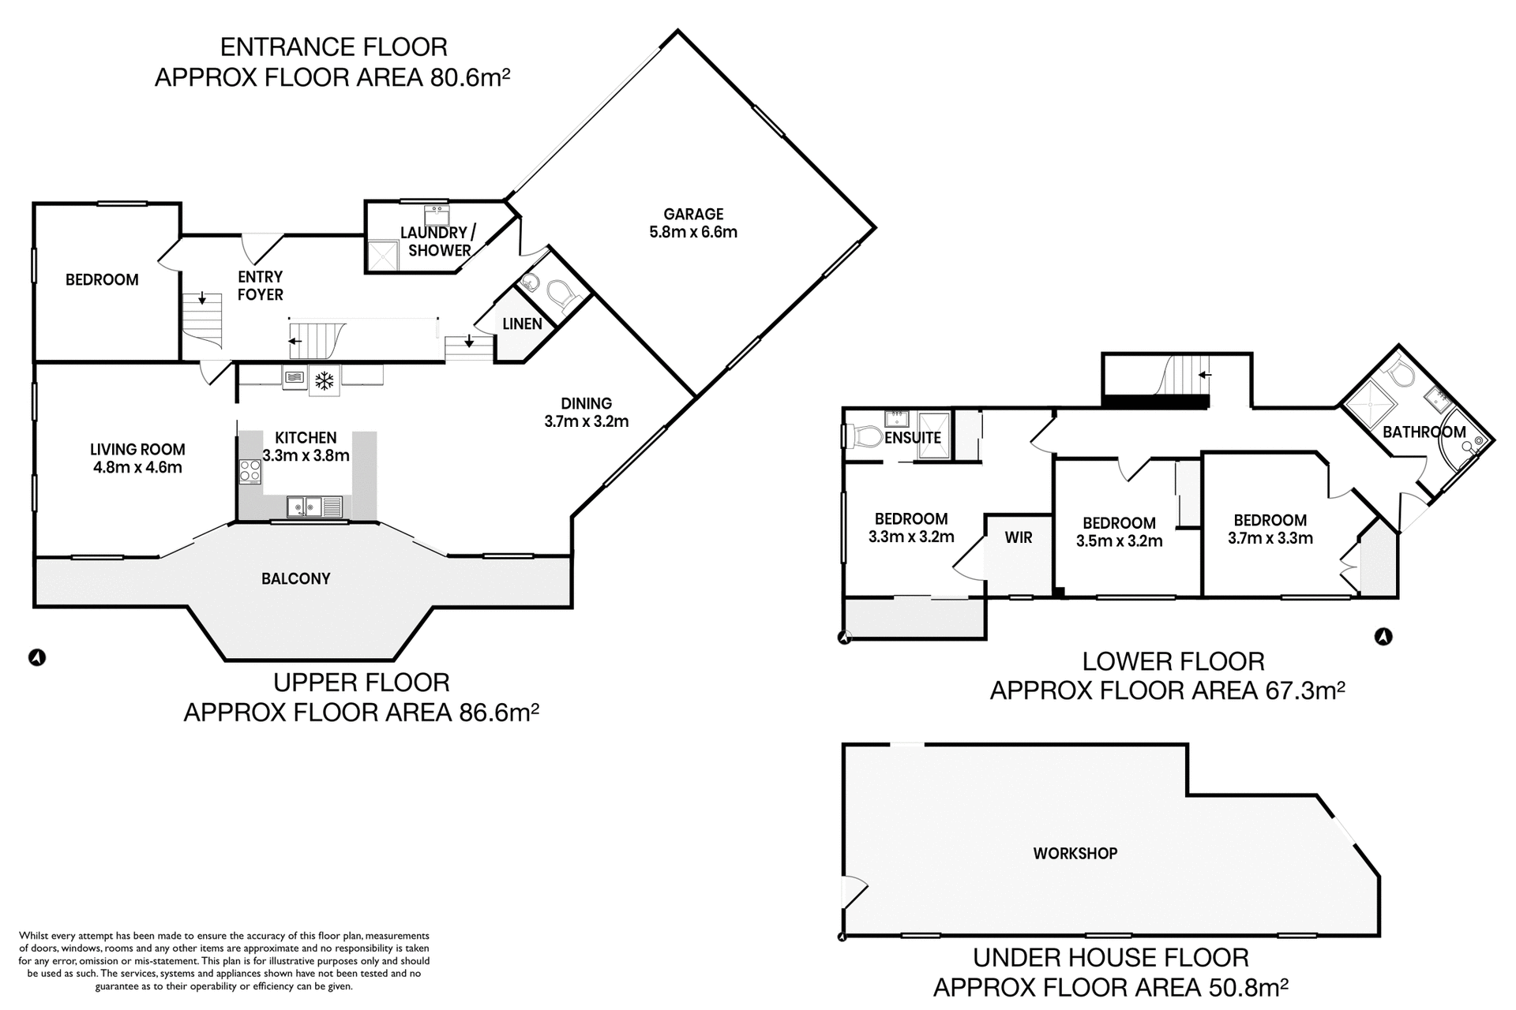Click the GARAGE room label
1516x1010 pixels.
693,214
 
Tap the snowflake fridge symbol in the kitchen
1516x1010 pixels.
323,380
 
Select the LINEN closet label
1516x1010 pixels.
522,324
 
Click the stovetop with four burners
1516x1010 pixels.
250,471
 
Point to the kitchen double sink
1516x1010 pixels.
305,506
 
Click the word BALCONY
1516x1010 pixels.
296,578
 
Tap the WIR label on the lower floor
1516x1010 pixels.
1019,537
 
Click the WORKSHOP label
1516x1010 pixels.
1075,853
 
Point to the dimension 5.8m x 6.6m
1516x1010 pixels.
693,232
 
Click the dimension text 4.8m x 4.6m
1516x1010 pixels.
137,467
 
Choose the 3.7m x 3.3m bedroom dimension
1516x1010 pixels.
1270,538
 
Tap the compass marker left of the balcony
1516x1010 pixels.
36,656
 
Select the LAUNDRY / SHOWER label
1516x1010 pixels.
439,241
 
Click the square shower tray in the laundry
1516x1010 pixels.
383,254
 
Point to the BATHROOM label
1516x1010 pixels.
1424,432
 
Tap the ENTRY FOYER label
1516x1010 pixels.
260,285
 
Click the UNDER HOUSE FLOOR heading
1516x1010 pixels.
1110,958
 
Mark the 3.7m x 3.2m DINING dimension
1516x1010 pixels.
586,421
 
